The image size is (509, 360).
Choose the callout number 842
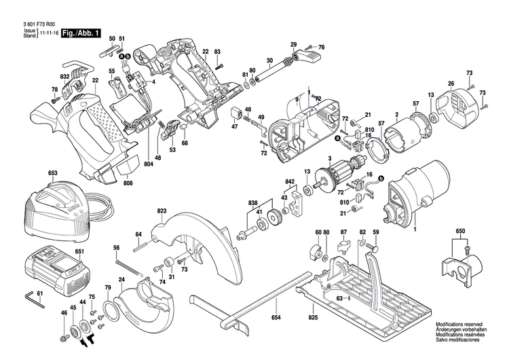coord(290,183)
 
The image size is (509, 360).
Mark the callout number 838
coord(253,203)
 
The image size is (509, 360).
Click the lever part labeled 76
coord(311,56)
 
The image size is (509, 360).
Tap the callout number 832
coord(65,77)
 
